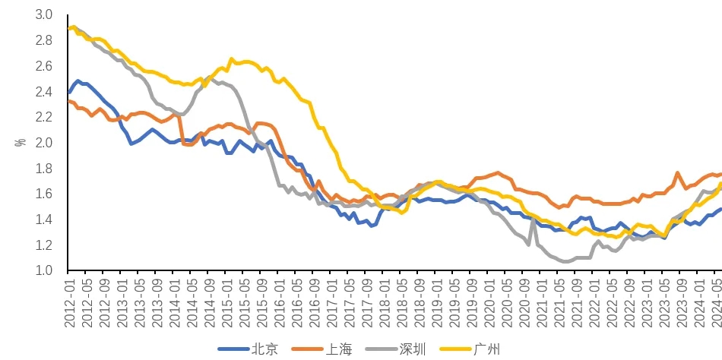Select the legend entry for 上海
point(339,349)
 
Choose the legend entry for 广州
point(486,349)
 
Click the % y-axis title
point(21,142)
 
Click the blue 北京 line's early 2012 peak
point(78,81)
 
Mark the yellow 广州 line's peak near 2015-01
point(231,58)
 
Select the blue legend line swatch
point(233,349)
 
